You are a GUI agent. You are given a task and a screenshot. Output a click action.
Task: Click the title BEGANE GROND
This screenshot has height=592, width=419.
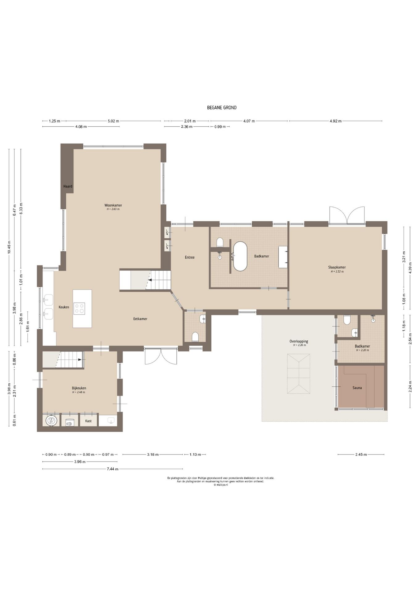222,108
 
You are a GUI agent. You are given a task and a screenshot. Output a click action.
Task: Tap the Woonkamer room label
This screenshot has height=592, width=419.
113,205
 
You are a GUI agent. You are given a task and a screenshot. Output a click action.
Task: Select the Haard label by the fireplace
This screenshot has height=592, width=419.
68,186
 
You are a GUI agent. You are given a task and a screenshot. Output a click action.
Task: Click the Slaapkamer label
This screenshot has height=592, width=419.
337,267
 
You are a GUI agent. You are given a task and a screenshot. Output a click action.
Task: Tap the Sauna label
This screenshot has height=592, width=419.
357,388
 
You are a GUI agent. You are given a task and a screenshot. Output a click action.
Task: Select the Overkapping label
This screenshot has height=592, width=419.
299,341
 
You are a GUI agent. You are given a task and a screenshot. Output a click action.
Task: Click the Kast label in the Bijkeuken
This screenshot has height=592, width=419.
89,421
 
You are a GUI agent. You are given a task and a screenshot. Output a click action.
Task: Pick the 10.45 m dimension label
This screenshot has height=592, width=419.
9,247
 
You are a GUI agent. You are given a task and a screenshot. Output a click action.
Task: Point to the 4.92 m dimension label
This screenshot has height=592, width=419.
336,121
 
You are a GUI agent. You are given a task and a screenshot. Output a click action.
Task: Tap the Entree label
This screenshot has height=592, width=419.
190,257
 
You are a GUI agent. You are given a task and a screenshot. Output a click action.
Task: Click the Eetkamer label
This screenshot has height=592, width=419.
140,319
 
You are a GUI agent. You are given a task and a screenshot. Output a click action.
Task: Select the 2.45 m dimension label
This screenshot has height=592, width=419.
361,454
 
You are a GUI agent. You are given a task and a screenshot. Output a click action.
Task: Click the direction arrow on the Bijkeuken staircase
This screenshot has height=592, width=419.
80,360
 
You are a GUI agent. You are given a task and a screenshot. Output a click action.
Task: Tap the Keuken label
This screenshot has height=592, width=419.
64,307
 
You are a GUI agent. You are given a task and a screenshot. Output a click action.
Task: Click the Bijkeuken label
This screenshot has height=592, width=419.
79,388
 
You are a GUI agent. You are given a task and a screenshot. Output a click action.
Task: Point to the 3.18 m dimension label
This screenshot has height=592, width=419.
153,454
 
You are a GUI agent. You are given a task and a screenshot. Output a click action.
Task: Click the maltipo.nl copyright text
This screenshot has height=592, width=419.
220,485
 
